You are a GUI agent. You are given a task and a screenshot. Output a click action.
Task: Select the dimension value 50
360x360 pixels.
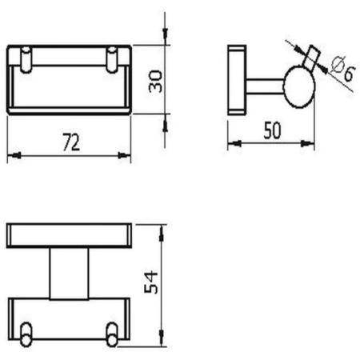tap(272, 132)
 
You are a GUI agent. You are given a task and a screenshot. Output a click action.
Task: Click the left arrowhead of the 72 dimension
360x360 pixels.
tap(12, 158)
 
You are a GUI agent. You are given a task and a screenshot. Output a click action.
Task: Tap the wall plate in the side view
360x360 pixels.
tap(236, 79)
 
